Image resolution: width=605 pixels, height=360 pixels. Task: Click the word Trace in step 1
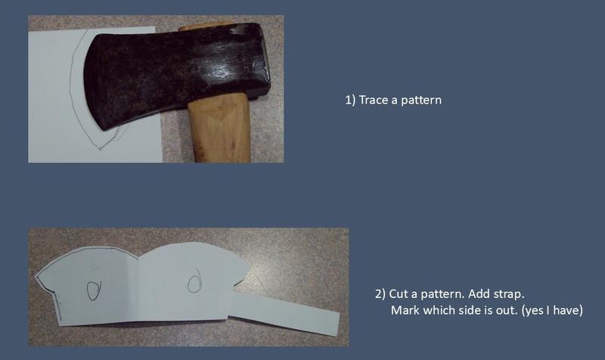tap(374, 100)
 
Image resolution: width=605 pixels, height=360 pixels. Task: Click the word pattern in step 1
tap(421, 101)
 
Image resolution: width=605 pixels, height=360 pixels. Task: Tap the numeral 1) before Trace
tap(350, 100)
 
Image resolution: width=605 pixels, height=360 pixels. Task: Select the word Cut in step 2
tap(399, 294)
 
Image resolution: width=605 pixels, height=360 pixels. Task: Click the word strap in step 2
tap(507, 294)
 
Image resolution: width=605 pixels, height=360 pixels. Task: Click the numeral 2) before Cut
tap(380, 294)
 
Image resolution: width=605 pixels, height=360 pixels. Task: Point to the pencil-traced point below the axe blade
tap(100, 148)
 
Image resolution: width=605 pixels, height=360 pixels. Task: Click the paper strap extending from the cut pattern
tap(285, 312)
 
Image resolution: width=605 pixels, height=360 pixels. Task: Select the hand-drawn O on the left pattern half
tap(93, 290)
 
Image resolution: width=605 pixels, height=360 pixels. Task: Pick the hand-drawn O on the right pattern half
tap(195, 281)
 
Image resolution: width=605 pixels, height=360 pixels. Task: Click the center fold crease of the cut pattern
tap(138, 290)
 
